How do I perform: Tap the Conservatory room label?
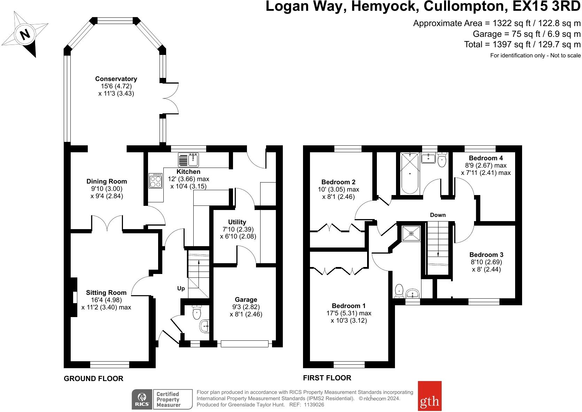point(116,79)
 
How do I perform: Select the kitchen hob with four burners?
point(156,181)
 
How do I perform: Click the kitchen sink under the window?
point(188,160)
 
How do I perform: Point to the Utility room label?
point(237,222)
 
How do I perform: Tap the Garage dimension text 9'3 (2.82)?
point(246,307)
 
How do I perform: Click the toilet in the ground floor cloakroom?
point(197,312)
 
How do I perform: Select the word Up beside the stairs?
point(181,288)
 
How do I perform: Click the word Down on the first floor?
point(438,215)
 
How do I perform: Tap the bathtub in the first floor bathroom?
point(410,173)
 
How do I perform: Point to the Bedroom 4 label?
point(486,158)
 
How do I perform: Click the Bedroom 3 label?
point(486,255)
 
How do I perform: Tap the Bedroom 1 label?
point(348,306)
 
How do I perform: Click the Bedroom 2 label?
point(338,182)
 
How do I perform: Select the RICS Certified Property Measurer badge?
point(162,399)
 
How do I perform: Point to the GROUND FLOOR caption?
point(93,379)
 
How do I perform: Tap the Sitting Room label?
point(106,292)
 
